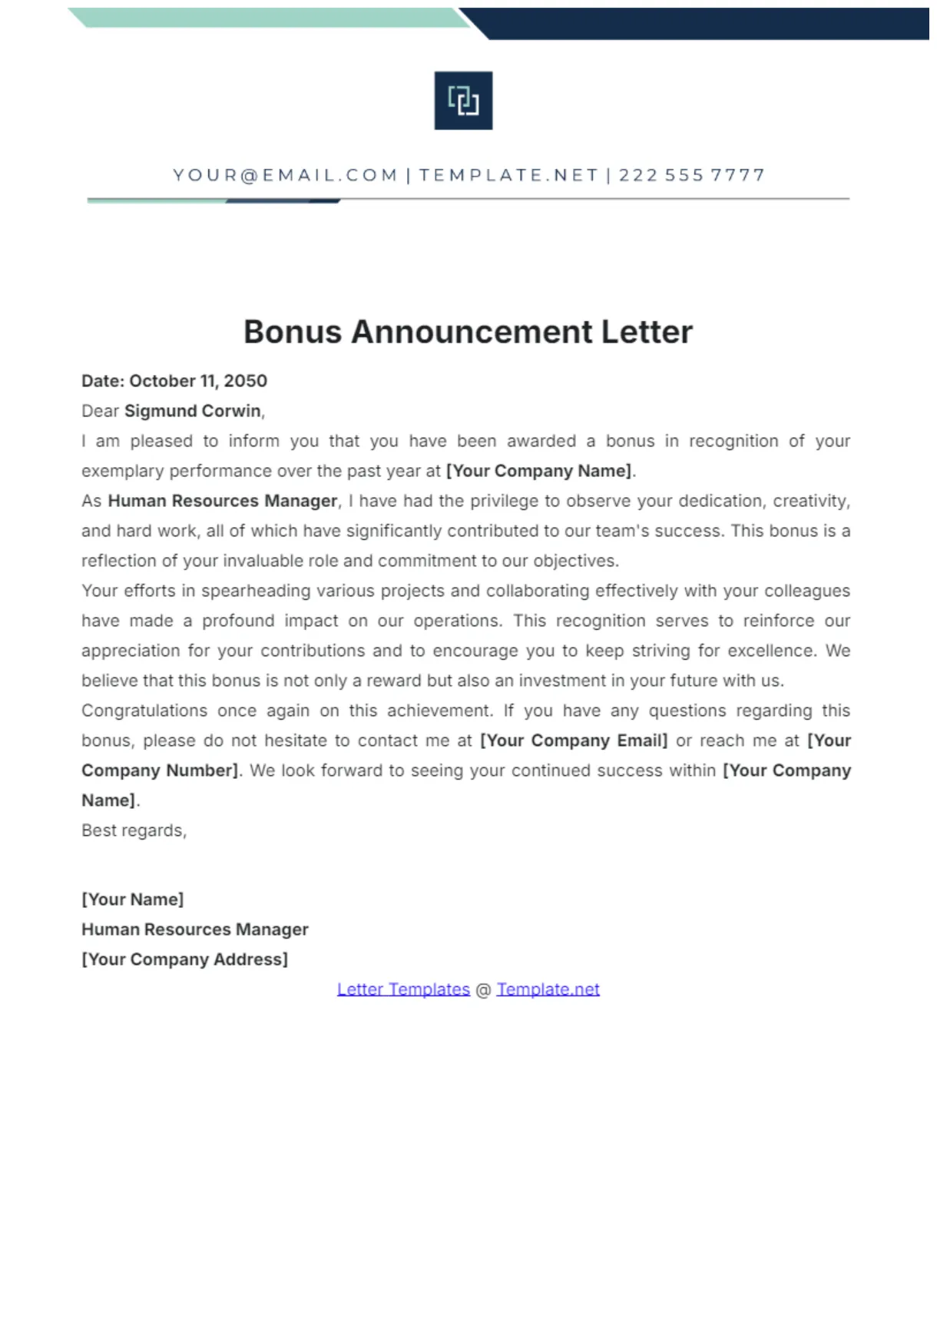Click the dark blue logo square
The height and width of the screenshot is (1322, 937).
(x=463, y=101)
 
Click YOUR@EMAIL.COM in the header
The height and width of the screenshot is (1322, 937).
(x=285, y=175)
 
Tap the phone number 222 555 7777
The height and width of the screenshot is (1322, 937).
(x=692, y=175)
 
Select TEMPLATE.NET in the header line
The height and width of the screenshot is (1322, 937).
(x=508, y=175)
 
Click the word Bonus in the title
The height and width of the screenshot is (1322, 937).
(x=293, y=332)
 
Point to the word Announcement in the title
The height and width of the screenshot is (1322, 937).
(x=472, y=332)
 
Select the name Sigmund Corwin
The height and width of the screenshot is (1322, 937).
(x=193, y=411)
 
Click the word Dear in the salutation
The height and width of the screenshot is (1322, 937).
(x=100, y=411)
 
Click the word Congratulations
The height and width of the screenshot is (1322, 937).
(x=144, y=711)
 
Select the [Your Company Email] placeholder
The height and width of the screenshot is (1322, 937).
(x=574, y=741)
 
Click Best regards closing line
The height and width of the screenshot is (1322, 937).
(x=134, y=830)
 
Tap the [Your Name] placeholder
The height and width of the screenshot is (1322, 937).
(x=132, y=900)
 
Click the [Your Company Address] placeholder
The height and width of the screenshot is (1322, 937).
(x=184, y=959)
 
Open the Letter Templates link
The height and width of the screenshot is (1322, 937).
(x=403, y=989)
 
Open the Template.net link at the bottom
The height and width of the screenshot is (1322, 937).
(x=548, y=989)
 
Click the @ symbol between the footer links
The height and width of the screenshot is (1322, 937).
(x=483, y=990)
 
